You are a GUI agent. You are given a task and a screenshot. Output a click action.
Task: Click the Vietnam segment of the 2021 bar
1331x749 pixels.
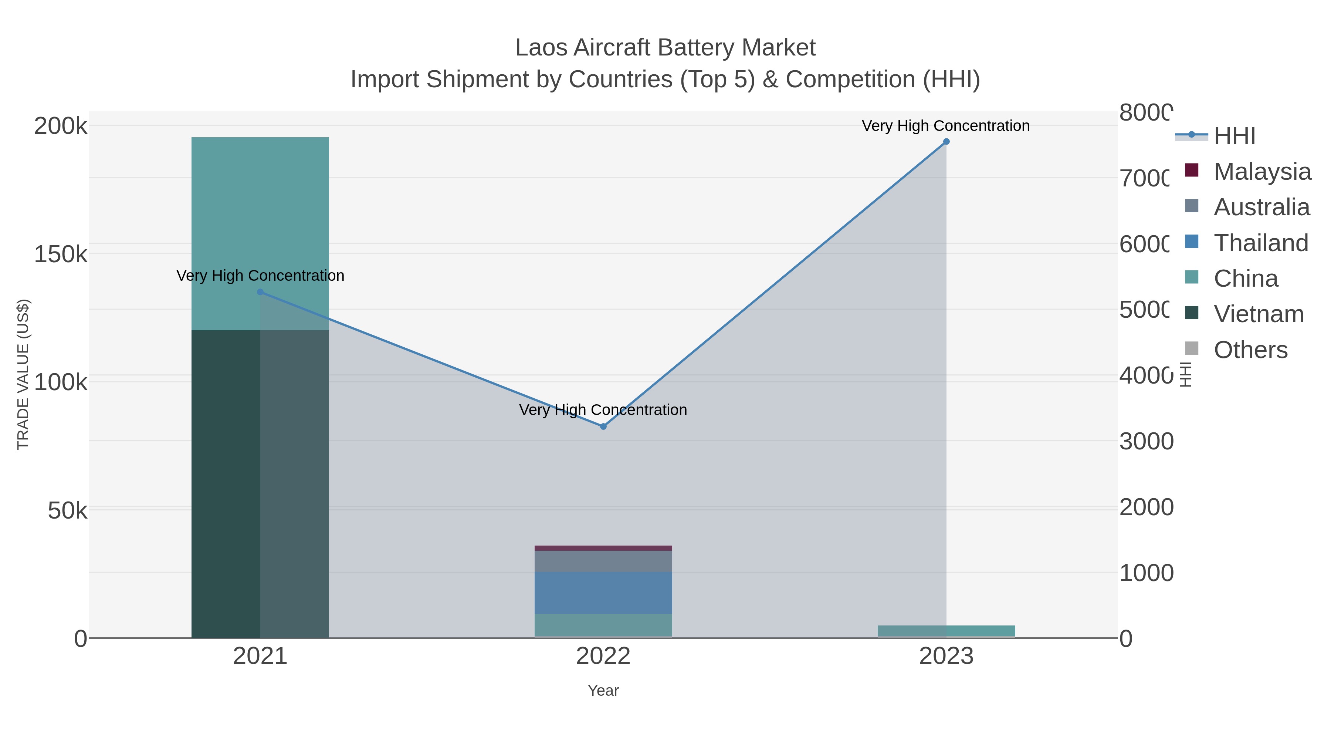point(226,483)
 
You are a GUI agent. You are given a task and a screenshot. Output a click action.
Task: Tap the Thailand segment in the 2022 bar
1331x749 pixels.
point(603,593)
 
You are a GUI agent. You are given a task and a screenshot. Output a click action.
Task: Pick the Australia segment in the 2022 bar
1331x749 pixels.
point(603,561)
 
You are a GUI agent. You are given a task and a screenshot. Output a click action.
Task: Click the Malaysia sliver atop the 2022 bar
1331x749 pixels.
point(603,548)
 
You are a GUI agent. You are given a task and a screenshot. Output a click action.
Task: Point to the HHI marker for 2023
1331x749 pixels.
point(946,142)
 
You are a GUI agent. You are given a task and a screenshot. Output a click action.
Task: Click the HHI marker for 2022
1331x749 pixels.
point(603,426)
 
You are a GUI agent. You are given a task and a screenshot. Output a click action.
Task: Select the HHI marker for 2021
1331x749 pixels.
point(260,292)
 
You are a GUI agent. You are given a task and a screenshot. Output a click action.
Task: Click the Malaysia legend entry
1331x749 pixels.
point(1261,171)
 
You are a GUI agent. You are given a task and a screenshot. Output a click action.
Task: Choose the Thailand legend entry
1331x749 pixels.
point(1260,242)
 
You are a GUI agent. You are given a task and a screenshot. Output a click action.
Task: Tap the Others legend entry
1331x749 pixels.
point(1250,350)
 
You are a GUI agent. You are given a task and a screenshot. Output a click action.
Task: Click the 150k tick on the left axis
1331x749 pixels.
point(61,254)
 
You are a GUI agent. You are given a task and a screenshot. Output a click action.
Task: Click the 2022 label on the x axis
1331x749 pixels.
point(603,656)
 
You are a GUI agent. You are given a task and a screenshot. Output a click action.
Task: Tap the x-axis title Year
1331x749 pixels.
point(603,691)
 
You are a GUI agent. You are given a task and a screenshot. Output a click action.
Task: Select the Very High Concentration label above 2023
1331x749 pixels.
point(945,126)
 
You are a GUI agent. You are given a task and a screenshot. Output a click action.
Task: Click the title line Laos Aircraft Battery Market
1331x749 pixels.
point(665,48)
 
